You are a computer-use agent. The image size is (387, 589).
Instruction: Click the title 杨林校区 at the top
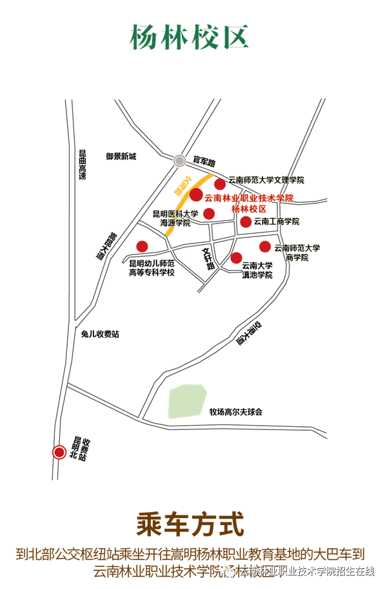[190, 37]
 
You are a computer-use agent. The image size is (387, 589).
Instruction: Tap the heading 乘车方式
[190, 524]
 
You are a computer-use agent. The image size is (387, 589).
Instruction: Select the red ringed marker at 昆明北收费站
[59, 452]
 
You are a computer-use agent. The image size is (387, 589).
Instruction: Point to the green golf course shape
[186, 401]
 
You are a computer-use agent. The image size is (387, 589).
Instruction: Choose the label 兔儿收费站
[100, 334]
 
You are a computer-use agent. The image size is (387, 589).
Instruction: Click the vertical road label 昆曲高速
[83, 165]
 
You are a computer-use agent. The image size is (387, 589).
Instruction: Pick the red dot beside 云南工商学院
[246, 222]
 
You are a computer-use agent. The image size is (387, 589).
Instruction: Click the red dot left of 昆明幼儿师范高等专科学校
[142, 246]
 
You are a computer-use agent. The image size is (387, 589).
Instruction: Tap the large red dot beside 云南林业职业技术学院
[196, 194]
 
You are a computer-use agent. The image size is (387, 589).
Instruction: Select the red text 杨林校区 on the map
[249, 209]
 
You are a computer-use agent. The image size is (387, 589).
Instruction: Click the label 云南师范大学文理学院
[266, 180]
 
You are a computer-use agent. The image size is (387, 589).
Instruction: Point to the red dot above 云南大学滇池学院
[237, 258]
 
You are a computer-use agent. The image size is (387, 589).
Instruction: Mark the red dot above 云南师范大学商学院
[264, 246]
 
